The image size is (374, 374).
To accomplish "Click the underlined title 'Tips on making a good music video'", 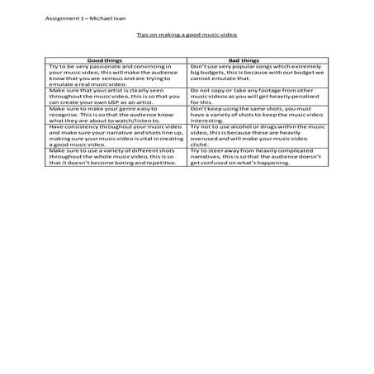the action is (187, 36).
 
